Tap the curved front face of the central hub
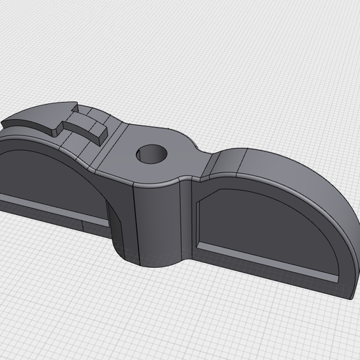point(160,223)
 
